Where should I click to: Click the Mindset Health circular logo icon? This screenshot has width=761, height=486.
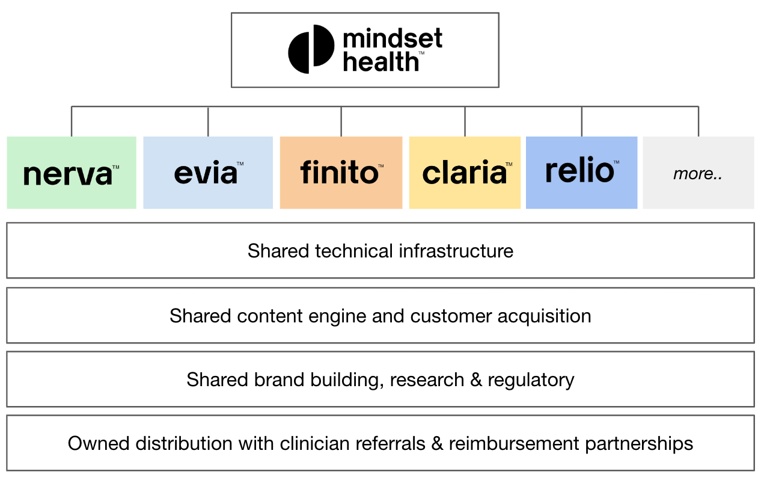coord(311,49)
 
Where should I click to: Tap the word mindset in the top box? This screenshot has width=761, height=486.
coord(392,39)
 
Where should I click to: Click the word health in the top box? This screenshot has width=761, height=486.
coord(380,61)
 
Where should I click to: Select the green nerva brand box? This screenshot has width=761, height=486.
coord(72,173)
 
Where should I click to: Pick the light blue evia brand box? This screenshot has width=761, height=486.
coord(208,173)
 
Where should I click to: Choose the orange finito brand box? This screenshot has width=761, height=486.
coord(341,173)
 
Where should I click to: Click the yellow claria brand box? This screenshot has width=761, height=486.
coord(465,173)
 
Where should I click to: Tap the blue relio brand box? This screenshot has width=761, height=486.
coord(581,173)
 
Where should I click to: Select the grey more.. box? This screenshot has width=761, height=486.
coord(698,173)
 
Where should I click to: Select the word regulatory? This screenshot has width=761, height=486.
coord(531,380)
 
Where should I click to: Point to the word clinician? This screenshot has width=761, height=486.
coord(316,443)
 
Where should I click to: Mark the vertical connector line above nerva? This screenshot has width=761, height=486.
coord(72,121)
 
